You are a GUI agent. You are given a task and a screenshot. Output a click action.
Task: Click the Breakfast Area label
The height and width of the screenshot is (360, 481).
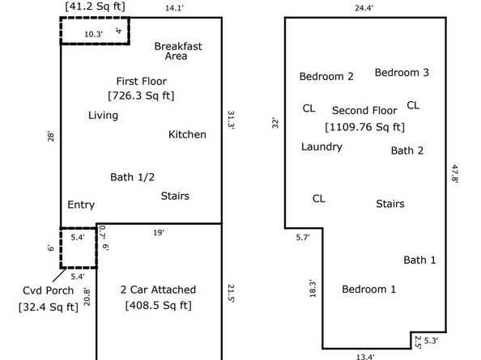click(177, 51)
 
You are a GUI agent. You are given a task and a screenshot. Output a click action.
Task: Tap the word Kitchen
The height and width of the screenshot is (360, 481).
click(187, 134)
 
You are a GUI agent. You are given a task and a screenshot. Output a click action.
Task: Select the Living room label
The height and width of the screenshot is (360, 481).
click(103, 116)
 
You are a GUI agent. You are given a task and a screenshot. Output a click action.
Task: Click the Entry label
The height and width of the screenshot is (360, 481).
click(81, 205)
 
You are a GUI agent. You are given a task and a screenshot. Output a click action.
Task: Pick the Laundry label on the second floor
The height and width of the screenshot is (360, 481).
click(321, 147)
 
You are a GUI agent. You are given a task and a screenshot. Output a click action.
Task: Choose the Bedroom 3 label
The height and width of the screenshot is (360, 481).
click(401, 73)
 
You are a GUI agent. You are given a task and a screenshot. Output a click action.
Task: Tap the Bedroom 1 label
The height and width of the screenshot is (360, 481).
click(368, 290)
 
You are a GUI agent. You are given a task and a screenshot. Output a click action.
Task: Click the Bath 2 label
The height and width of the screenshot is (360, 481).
click(407, 150)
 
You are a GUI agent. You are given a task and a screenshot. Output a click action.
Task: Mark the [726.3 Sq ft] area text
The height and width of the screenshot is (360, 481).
click(141, 95)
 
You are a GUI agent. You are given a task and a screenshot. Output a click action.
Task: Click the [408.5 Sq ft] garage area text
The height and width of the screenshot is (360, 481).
click(158, 306)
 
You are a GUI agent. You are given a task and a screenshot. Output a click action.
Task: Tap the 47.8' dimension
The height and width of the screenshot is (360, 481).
click(455, 174)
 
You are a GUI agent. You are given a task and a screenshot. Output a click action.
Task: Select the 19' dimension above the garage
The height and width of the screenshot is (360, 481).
click(159, 233)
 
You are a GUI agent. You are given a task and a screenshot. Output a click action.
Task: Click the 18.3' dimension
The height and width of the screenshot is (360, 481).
click(313, 288)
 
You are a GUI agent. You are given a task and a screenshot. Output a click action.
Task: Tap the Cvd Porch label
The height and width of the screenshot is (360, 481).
click(48, 290)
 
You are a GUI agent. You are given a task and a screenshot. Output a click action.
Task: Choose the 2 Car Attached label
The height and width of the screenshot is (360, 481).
click(158, 290)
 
